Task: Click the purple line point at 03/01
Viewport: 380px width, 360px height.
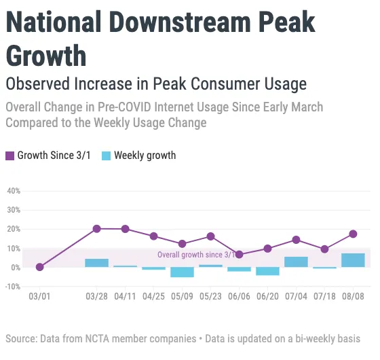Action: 39,267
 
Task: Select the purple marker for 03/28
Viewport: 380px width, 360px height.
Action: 96,229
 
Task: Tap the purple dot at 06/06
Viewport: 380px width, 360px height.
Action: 240,255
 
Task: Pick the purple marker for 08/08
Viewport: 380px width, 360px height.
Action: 353,234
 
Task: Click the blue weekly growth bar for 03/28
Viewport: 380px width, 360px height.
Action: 96,263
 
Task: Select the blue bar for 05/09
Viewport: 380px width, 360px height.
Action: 182,272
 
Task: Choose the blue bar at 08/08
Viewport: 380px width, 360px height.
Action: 353,260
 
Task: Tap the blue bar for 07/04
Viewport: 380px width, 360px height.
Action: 296,262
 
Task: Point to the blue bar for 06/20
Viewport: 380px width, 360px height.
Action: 267,271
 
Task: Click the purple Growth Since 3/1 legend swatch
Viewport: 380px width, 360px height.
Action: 9,156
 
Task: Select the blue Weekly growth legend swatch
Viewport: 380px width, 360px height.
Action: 106,156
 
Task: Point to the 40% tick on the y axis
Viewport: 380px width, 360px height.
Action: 14,191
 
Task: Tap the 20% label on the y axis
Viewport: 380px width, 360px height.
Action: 14,230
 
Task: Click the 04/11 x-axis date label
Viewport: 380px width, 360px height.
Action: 125,297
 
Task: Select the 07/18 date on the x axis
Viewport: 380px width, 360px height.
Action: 324,297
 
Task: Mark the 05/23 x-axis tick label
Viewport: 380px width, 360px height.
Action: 210,297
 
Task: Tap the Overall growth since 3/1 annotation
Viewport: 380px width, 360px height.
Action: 197,255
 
